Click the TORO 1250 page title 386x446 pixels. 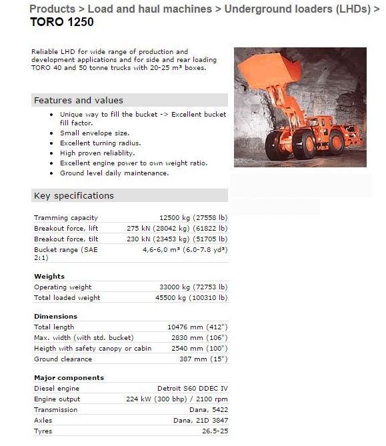(x=62, y=21)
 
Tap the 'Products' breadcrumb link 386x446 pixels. (x=52, y=9)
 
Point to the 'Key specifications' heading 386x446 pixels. (x=74, y=195)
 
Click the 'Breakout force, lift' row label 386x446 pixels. (x=65, y=228)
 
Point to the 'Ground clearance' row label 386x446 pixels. (x=64, y=359)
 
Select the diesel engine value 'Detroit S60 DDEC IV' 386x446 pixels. (x=192, y=388)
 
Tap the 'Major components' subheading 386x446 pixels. (x=69, y=377)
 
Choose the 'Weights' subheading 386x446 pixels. (x=49, y=276)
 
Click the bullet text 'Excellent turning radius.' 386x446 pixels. (x=100, y=143)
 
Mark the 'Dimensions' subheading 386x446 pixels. (x=55, y=316)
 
